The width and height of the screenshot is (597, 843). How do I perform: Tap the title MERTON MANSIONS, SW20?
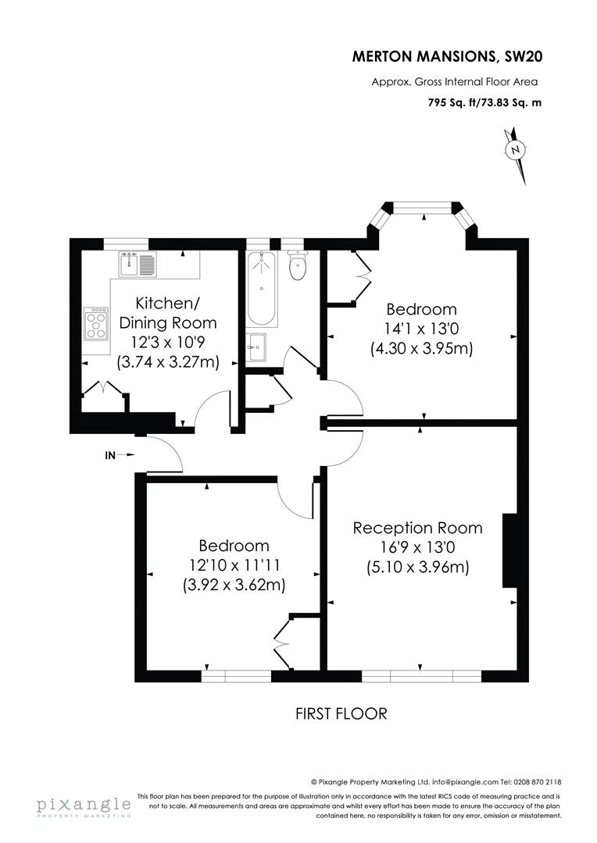445,56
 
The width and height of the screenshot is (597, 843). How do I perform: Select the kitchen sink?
139,264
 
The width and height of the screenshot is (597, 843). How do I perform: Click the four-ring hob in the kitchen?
97,323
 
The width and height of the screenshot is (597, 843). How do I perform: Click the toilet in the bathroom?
297,266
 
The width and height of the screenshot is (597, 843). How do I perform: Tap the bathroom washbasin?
257,347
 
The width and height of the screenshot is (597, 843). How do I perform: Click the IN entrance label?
112,454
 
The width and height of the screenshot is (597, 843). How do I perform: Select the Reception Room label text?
417,528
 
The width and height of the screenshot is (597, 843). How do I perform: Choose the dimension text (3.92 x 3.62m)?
234,584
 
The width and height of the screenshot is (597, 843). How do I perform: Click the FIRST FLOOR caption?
341,713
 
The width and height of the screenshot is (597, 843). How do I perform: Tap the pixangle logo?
83,806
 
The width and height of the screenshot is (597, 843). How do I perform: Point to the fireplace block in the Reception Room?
509,550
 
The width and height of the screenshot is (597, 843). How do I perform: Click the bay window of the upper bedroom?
422,208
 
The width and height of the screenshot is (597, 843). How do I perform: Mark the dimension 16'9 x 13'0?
417,548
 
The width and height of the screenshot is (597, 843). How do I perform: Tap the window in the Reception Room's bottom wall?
421,675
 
